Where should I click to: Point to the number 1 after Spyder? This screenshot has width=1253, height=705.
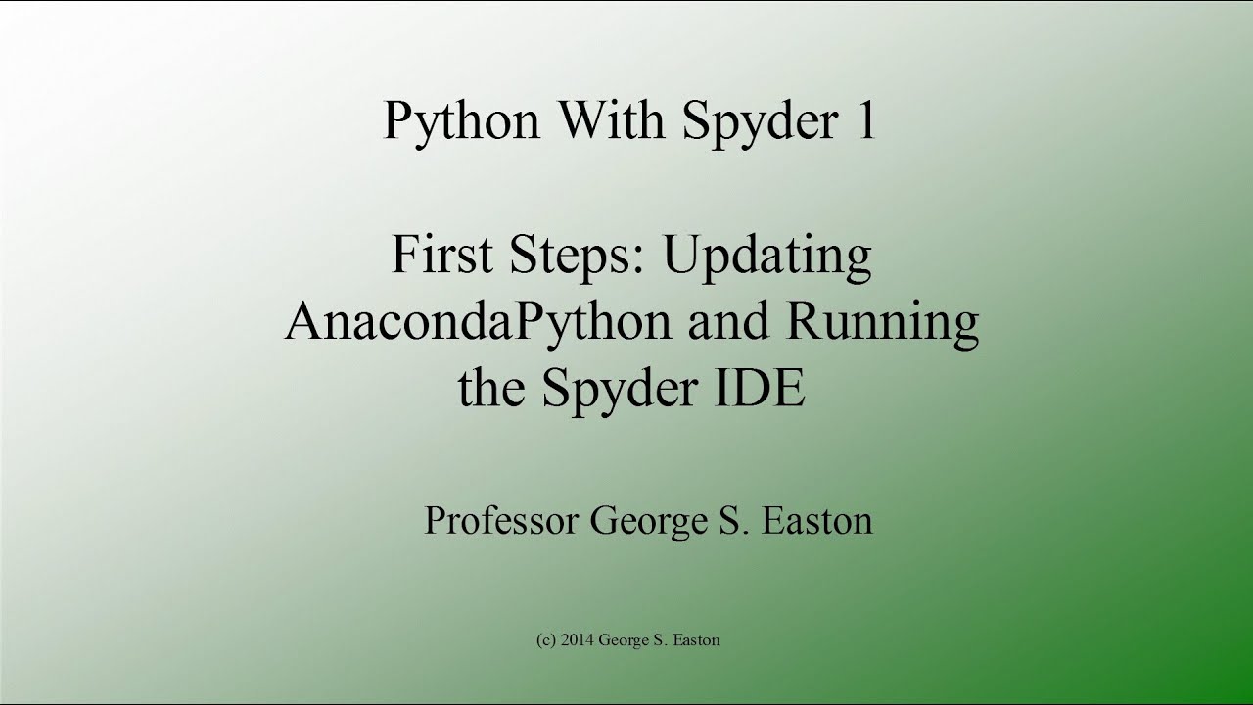865,120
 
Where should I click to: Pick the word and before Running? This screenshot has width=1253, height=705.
722,323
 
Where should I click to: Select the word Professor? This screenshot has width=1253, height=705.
500,520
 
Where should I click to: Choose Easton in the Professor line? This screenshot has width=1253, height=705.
816,520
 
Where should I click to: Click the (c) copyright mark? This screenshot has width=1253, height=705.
546,640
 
